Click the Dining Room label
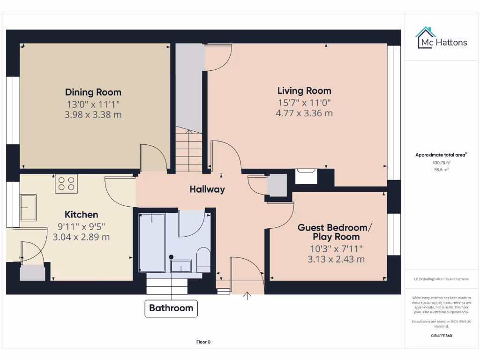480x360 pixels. click(x=93, y=92)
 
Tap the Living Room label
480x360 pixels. click(x=304, y=91)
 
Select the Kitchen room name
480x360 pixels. click(x=81, y=215)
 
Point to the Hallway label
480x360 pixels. click(x=207, y=189)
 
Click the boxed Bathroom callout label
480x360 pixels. click(x=171, y=308)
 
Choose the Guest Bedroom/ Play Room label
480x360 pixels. click(x=335, y=232)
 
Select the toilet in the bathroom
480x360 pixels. click(x=203, y=259)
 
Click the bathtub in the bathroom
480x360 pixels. click(x=152, y=242)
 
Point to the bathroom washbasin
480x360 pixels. click(x=181, y=266)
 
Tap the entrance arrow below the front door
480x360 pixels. click(x=247, y=296)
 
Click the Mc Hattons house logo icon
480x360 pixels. click(x=426, y=37)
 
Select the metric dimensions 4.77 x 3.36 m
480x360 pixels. click(x=304, y=113)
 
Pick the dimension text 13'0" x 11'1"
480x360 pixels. click(x=93, y=104)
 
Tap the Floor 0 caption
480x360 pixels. click(x=203, y=342)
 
